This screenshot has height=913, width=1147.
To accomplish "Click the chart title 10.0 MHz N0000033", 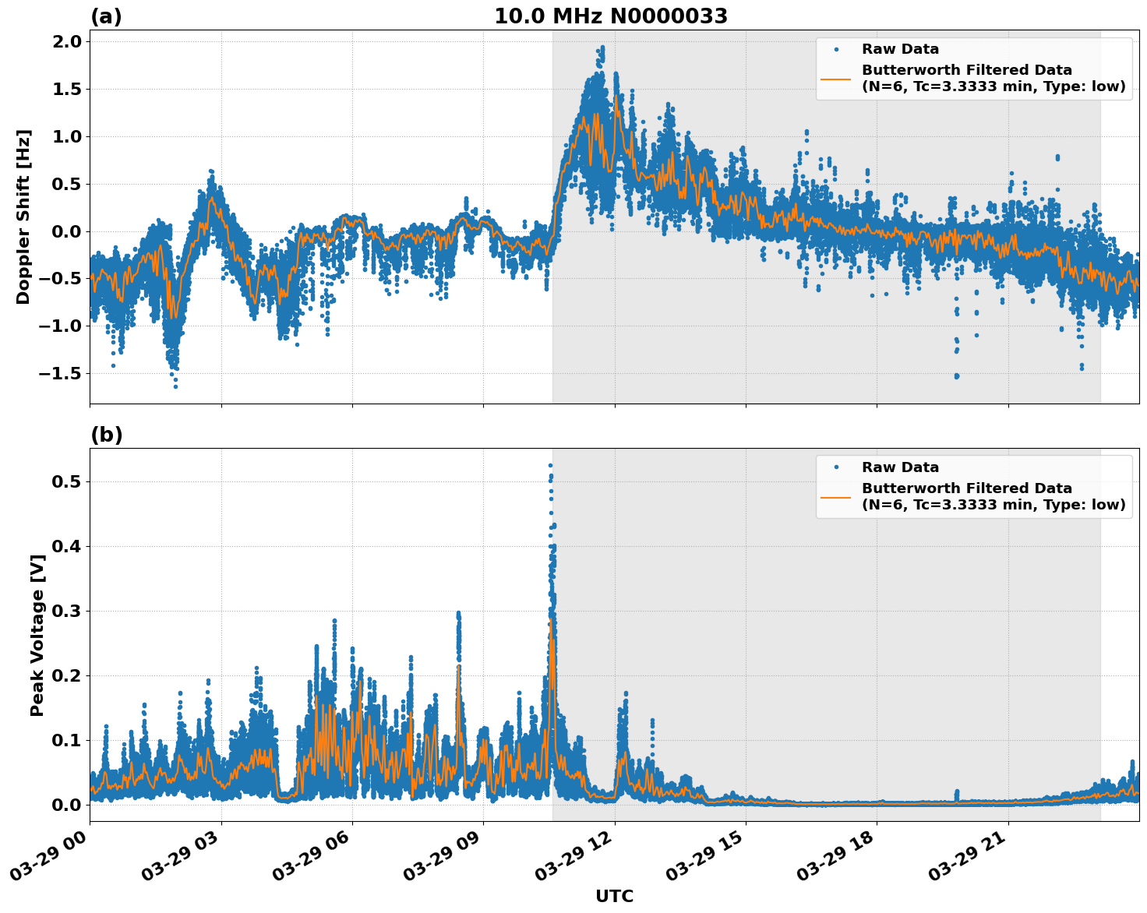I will (611, 16).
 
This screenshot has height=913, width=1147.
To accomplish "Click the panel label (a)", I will (106, 16).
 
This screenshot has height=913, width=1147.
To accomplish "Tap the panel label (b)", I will (106, 435).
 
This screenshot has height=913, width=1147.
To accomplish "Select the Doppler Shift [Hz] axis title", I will (23, 217).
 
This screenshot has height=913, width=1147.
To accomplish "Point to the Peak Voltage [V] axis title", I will (37, 635).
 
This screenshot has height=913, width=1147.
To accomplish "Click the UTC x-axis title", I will (614, 896).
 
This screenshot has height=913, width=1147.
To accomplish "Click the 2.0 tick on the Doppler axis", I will (66, 41).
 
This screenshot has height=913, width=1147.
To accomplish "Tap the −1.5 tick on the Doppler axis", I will (61, 373).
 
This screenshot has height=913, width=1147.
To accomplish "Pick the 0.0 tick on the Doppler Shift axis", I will (66, 231).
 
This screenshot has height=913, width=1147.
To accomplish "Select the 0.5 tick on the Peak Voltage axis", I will (66, 481).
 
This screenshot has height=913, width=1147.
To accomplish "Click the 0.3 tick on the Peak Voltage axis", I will (66, 611).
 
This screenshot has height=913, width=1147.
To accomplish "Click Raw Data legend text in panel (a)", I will (900, 50).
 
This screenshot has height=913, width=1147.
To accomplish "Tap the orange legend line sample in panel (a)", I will (835, 79).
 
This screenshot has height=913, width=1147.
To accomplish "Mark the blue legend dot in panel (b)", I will (835, 467).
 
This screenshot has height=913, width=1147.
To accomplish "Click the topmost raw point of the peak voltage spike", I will (550, 465).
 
